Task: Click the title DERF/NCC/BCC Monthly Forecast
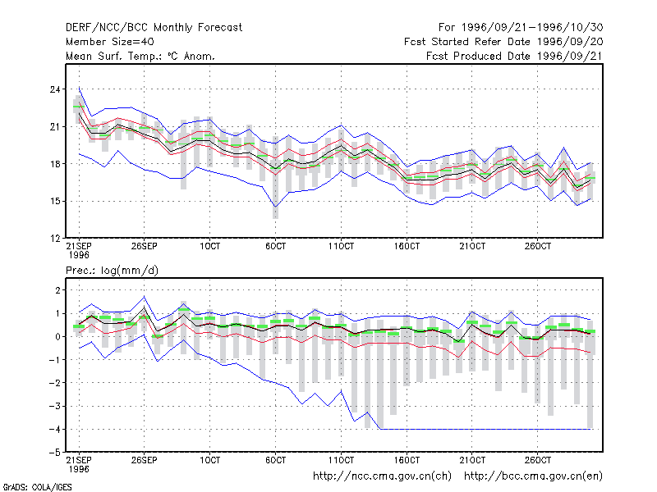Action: pos(154,28)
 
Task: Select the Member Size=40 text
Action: pos(110,42)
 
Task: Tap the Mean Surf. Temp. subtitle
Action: pos(140,56)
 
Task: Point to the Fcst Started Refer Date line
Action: pos(503,42)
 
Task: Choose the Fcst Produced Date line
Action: pos(515,56)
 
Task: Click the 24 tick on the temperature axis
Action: pos(55,89)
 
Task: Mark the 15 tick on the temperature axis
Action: pos(55,201)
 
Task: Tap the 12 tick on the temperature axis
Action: pos(55,239)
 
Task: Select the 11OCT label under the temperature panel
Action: pos(341,247)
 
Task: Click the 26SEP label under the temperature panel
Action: pos(145,247)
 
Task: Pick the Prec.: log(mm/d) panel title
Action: pos(112,271)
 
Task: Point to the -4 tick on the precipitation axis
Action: pos(54,429)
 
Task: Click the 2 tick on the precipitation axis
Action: pos(57,290)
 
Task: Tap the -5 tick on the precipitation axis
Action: pos(54,453)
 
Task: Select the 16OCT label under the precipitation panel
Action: pos(407,460)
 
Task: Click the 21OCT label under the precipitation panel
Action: pos(472,460)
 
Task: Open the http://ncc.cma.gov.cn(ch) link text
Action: pos(382,476)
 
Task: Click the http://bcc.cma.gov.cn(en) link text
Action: pos(533,476)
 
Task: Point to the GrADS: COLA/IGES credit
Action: pos(37,487)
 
